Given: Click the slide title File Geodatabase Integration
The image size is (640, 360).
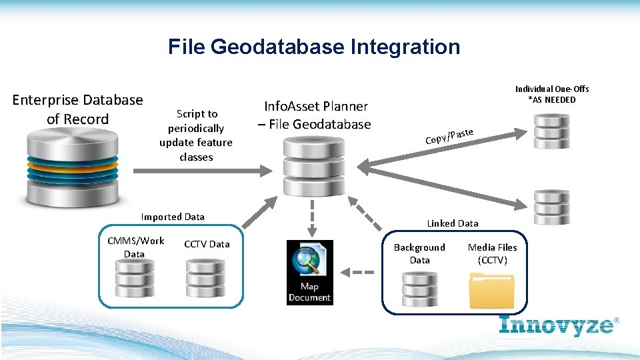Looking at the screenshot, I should [314, 47].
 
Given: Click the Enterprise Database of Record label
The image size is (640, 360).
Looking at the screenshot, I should [77, 109].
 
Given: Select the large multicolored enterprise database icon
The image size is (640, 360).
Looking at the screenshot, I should [73, 167].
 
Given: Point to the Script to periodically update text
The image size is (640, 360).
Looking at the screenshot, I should [196, 135].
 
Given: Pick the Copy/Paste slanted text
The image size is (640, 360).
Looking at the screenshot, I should [449, 136].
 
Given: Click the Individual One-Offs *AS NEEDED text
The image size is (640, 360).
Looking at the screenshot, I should [552, 94].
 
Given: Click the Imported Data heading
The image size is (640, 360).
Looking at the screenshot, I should [173, 217].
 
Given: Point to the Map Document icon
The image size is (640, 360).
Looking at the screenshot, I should [309, 272].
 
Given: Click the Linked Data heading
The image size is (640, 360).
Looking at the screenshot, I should [453, 223].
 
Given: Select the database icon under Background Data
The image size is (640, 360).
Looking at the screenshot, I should [419, 287].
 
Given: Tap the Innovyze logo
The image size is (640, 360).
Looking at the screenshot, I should [559, 325].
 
